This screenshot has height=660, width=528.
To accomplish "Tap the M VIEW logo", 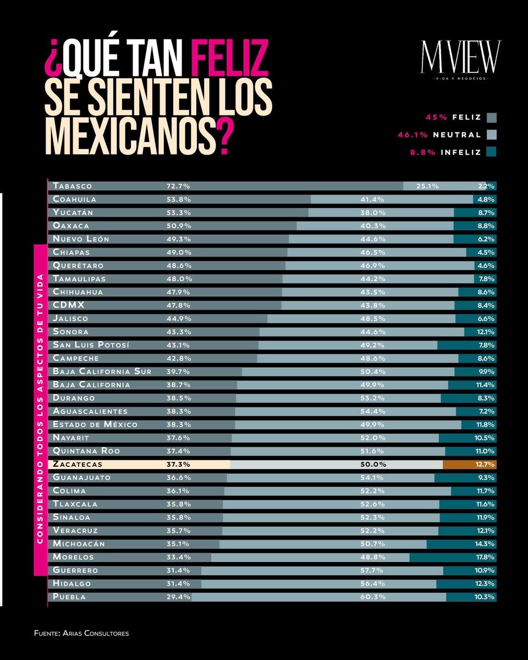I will click(x=461, y=57).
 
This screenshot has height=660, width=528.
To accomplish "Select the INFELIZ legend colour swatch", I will click(x=491, y=152).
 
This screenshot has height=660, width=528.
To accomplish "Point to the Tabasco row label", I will click(x=72, y=186).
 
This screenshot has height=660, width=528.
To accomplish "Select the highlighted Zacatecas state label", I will click(x=76, y=464).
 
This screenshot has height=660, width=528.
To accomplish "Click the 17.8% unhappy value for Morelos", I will click(x=486, y=557).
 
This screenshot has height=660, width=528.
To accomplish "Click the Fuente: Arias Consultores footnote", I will click(x=81, y=634).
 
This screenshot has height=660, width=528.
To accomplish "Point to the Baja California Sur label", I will click(x=102, y=372).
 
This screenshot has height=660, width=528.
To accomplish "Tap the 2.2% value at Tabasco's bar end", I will click(x=487, y=186).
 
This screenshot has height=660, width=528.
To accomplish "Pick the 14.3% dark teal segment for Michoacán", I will click(x=461, y=544).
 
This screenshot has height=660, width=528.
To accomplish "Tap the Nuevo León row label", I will click(x=81, y=239).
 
